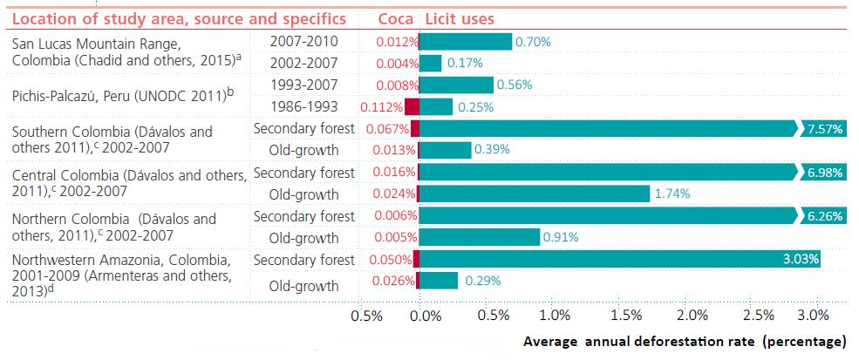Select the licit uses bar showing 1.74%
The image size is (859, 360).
click(x=535, y=193)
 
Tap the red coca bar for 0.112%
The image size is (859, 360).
click(x=412, y=107)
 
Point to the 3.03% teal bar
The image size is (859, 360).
click(x=620, y=259)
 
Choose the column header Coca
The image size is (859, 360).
click(x=395, y=18)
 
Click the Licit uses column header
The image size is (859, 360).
click(x=459, y=18)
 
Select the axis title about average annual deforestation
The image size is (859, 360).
click(x=685, y=341)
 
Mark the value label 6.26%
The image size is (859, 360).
click(x=825, y=215)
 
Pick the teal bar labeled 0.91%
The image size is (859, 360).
click(x=480, y=236)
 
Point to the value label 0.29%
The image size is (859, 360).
click(x=482, y=281)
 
